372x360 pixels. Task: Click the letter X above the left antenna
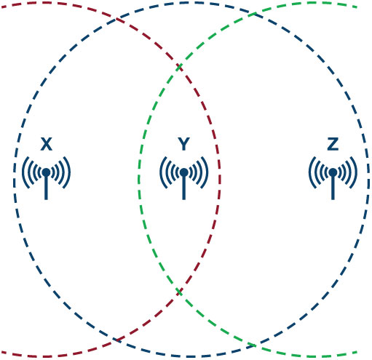(x=47, y=144)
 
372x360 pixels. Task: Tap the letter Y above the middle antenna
(x=183, y=144)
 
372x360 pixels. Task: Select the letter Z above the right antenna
(x=333, y=144)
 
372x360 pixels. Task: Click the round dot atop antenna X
(x=46, y=172)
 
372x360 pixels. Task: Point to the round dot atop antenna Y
(x=184, y=172)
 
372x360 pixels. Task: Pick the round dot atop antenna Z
(x=333, y=172)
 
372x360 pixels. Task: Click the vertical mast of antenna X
(x=46, y=188)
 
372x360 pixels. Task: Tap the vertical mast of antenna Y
(x=184, y=188)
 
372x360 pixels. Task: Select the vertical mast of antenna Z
(x=333, y=188)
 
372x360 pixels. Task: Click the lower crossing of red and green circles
(x=179, y=292)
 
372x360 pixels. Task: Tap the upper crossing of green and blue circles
(x=253, y=14)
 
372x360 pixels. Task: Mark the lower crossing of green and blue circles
(x=253, y=345)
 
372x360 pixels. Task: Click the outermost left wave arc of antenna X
(x=23, y=172)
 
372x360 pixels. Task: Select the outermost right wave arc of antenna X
(x=70, y=172)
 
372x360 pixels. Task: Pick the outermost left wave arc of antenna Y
(x=160, y=172)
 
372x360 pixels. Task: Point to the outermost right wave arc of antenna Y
(x=207, y=172)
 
